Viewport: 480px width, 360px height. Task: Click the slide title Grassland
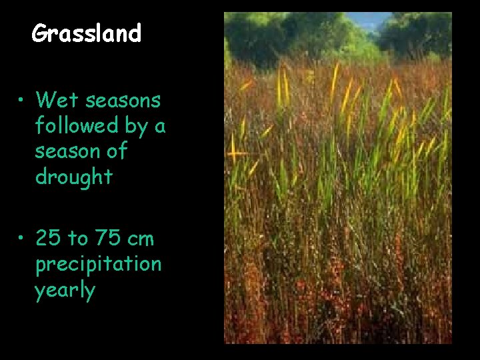tap(87, 33)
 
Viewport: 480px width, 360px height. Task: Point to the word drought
tap(74, 177)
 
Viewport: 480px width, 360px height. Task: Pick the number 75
tap(104, 238)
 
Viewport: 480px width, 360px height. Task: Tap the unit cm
tap(139, 239)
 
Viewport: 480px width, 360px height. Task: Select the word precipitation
tap(98, 264)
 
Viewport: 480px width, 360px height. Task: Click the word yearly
tap(65, 291)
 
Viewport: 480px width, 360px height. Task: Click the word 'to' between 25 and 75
tap(76, 238)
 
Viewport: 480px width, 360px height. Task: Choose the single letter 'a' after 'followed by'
tap(160, 127)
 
